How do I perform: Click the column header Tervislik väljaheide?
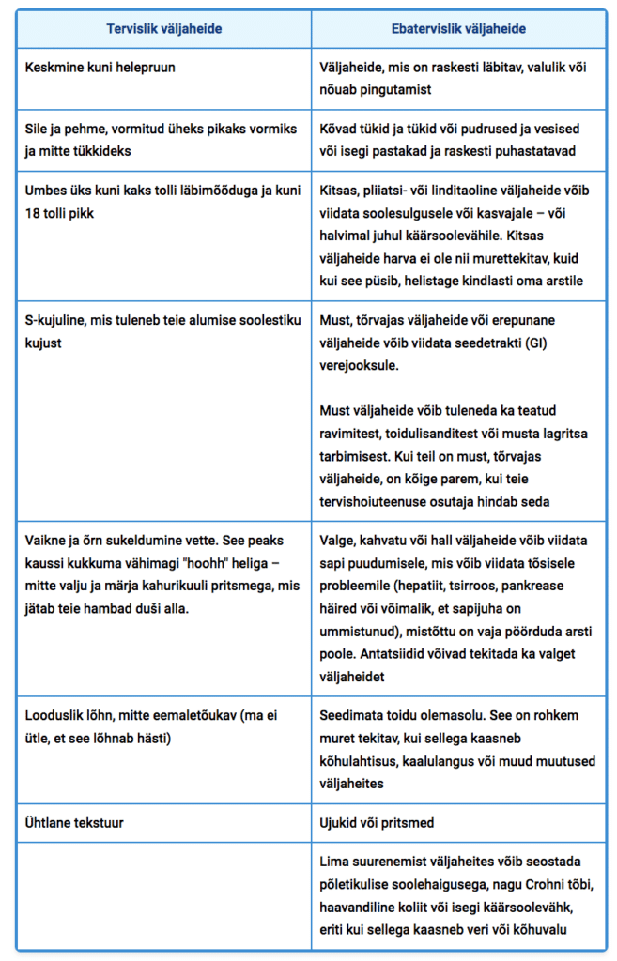(x=163, y=29)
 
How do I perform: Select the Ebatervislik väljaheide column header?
(x=457, y=29)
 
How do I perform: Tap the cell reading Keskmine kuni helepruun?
(x=100, y=68)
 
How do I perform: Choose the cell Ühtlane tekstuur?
(x=75, y=823)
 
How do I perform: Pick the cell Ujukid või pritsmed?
(x=378, y=823)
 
